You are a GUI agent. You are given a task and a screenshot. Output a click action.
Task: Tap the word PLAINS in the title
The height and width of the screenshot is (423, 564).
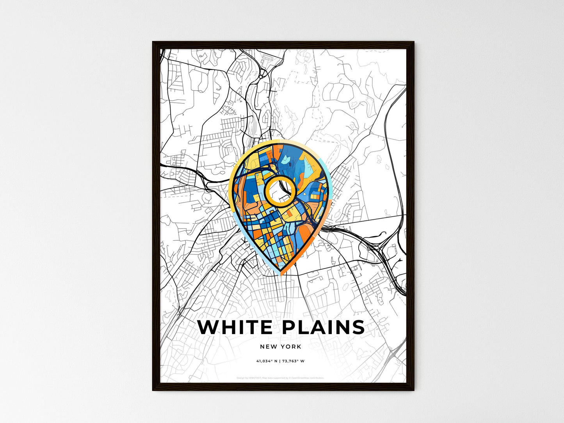point(323,327)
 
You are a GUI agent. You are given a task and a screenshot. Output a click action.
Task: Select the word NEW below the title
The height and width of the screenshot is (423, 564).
point(267,347)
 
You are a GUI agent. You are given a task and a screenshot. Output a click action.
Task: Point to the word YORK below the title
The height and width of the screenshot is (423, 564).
point(291,347)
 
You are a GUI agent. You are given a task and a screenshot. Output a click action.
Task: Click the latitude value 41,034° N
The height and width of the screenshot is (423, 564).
point(267,361)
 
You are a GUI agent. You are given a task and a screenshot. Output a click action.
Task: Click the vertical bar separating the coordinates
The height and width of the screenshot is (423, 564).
point(280,361)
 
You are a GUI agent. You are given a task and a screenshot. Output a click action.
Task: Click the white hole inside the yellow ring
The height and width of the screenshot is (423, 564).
point(279,191)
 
